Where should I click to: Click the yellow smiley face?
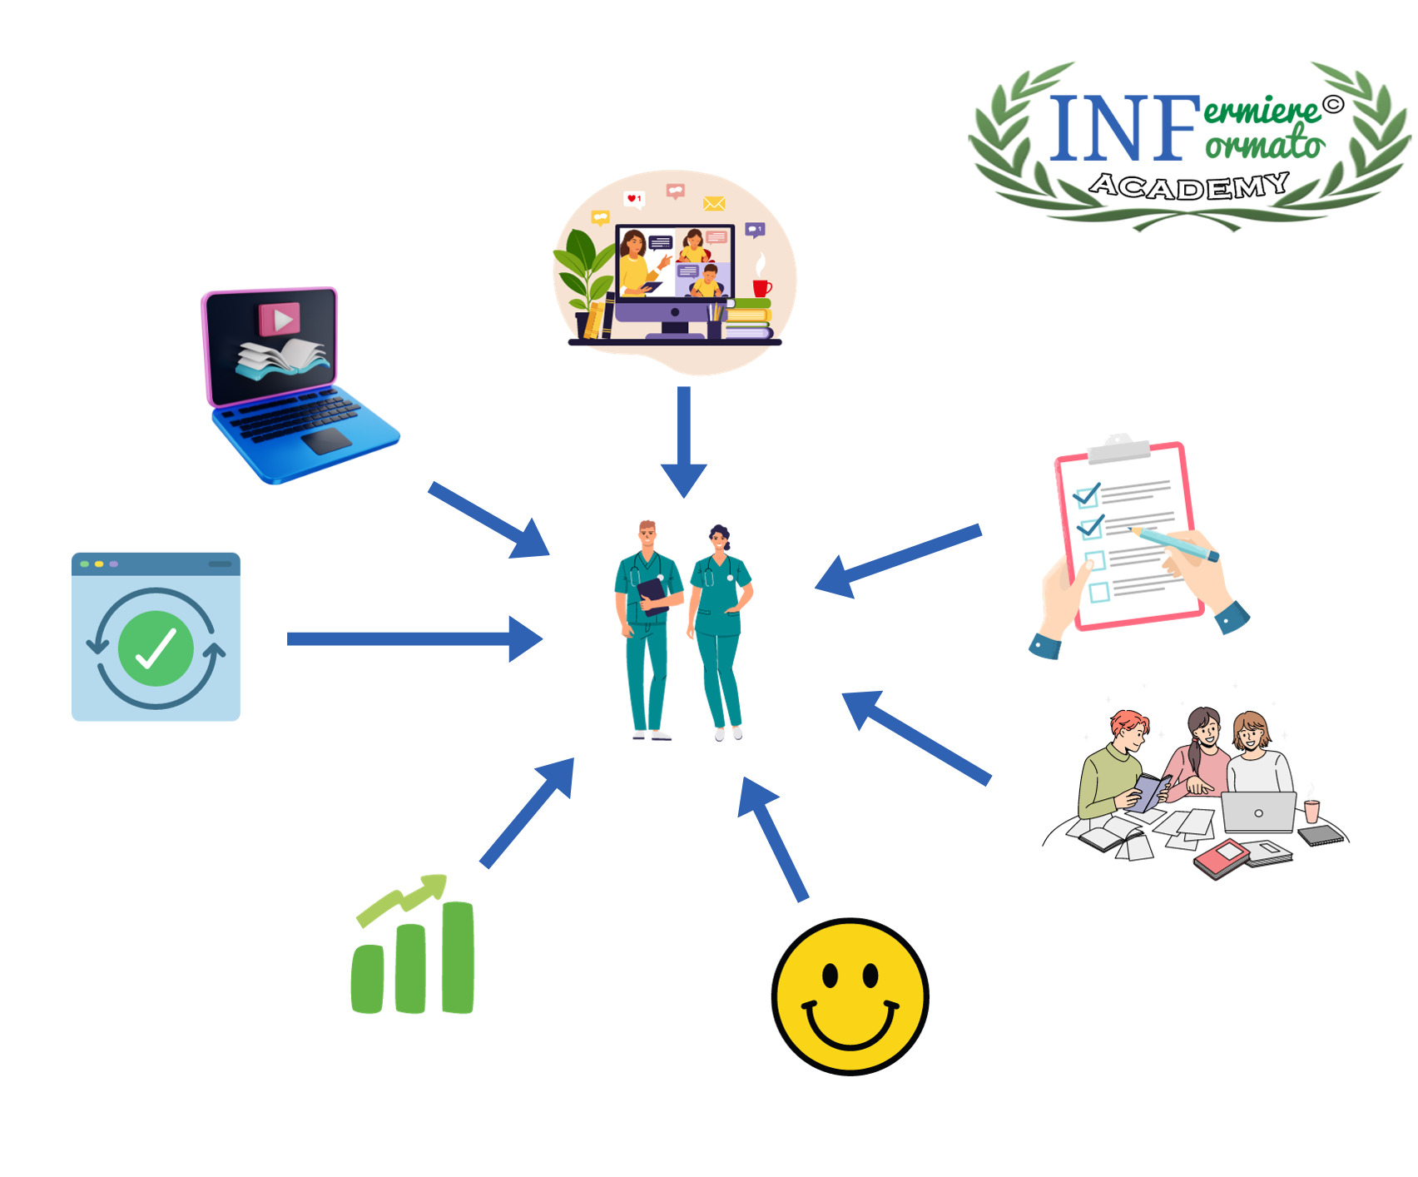[x=850, y=996]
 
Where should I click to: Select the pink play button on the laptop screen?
[x=280, y=319]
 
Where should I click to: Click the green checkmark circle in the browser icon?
[x=156, y=648]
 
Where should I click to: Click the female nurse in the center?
[x=719, y=628]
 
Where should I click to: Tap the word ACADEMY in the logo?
[x=1189, y=186]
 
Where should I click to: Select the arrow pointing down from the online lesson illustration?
[x=684, y=441]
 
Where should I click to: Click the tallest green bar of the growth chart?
[x=458, y=957]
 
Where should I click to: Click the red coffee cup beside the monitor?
[x=761, y=287]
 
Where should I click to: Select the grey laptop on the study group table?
[x=1258, y=812]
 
